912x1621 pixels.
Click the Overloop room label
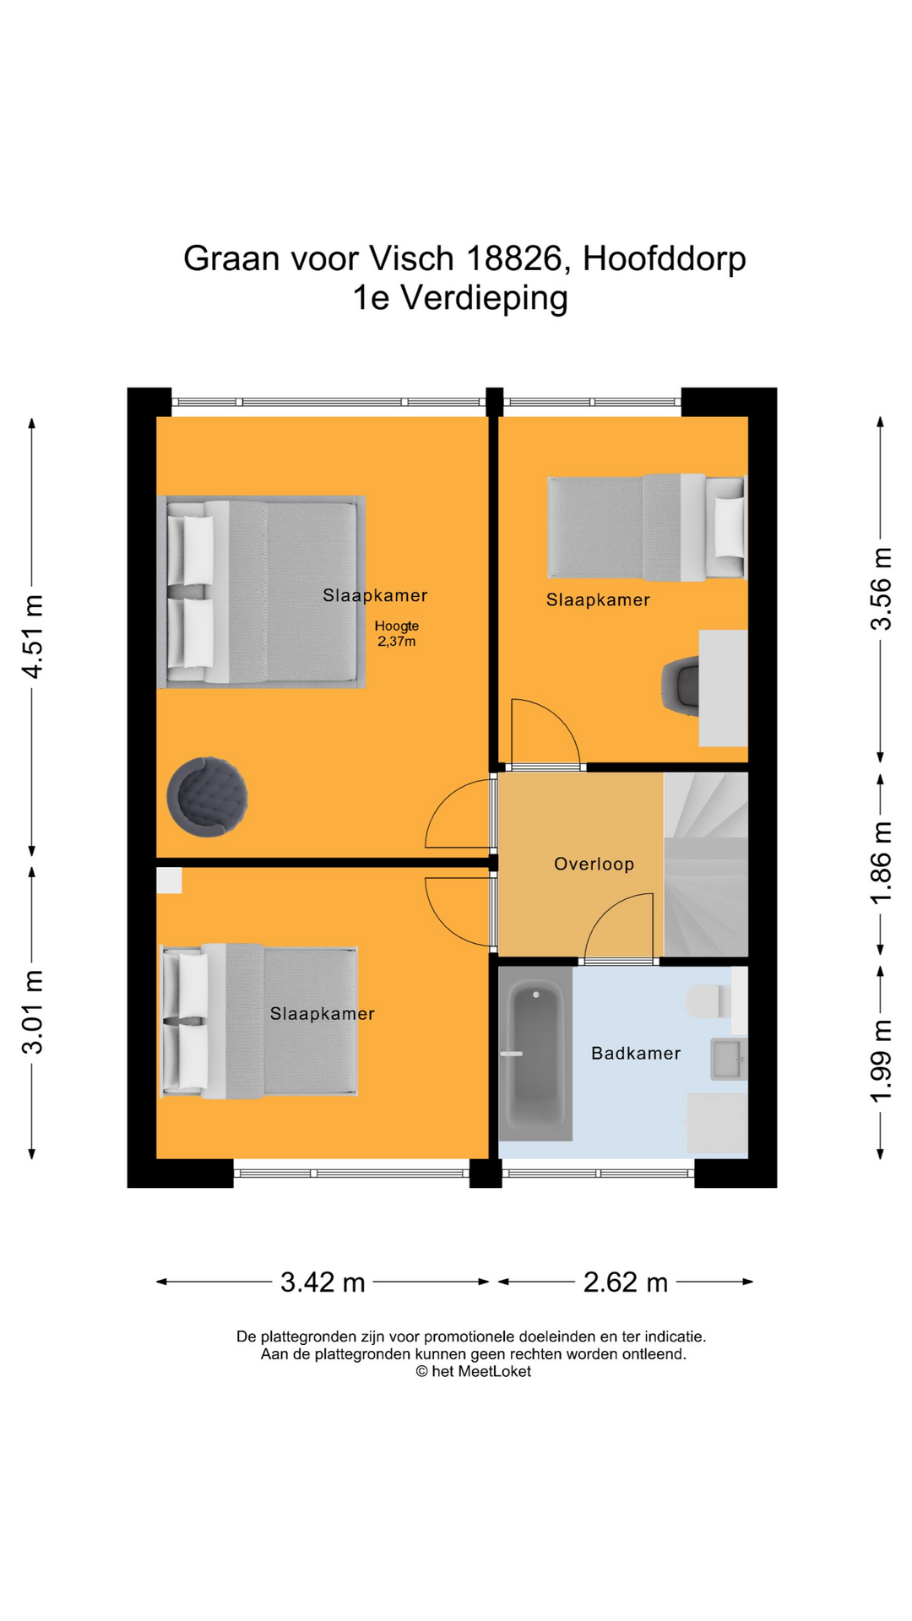pyautogui.click(x=594, y=864)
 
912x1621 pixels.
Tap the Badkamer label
pyautogui.click(x=636, y=1053)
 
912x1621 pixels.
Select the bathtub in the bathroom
pyautogui.click(x=535, y=1054)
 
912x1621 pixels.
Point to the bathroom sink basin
pyautogui.click(x=728, y=1059)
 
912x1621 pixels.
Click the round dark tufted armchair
pyautogui.click(x=208, y=797)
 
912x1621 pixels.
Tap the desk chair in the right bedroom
pyautogui.click(x=681, y=686)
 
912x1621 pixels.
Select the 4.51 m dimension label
pyautogui.click(x=33, y=636)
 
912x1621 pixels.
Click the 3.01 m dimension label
pyautogui.click(x=33, y=1012)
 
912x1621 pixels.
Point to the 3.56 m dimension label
pyautogui.click(x=881, y=588)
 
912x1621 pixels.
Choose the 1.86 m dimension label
pyautogui.click(x=881, y=862)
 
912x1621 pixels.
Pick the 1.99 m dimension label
pyautogui.click(x=881, y=1060)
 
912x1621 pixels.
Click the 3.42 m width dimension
pyautogui.click(x=323, y=1282)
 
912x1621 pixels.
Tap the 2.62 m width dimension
pyautogui.click(x=626, y=1282)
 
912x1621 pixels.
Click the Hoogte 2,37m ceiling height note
pyautogui.click(x=397, y=633)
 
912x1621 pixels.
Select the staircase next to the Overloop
pyautogui.click(x=706, y=865)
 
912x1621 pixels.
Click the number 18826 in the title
pyautogui.click(x=513, y=258)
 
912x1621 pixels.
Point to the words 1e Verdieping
pyautogui.click(x=460, y=298)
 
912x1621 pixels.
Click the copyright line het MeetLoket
pyautogui.click(x=473, y=1371)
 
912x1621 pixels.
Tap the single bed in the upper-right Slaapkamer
pyautogui.click(x=647, y=528)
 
